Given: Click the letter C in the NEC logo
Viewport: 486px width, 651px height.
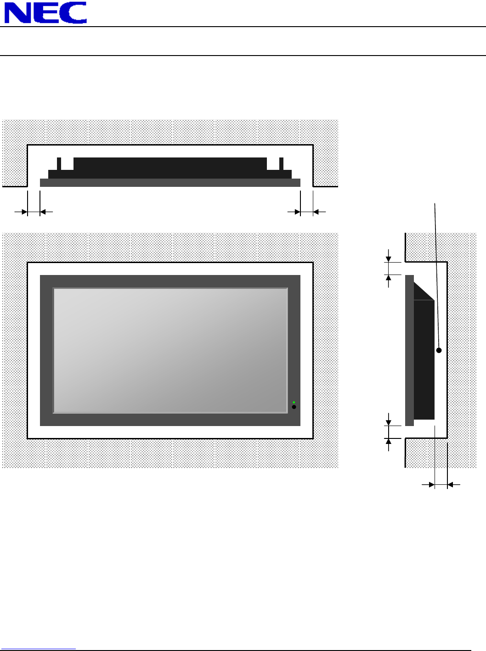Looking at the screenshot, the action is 73,13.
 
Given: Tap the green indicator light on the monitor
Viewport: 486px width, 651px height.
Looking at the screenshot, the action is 294,403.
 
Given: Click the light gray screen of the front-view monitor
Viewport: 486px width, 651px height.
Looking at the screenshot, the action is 170,350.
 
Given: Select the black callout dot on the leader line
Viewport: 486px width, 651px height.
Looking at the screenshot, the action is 439,350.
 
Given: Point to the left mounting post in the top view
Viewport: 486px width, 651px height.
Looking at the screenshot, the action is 59,164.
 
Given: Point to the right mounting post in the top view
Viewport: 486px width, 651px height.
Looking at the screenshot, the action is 281,164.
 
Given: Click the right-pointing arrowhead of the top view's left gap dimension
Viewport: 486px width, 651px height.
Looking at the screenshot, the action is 25,212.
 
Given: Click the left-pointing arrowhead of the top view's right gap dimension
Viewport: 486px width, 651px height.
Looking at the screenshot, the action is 316,212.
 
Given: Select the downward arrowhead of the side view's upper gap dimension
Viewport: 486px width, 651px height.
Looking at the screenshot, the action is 388,259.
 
